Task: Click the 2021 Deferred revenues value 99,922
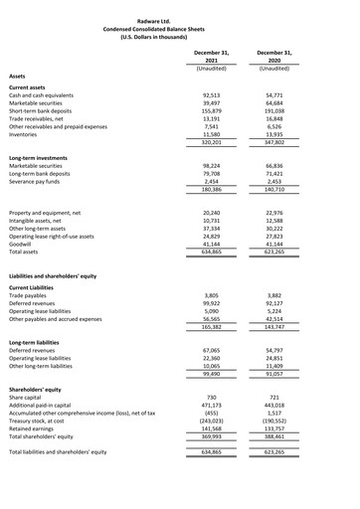204,304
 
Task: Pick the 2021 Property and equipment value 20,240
204,212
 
